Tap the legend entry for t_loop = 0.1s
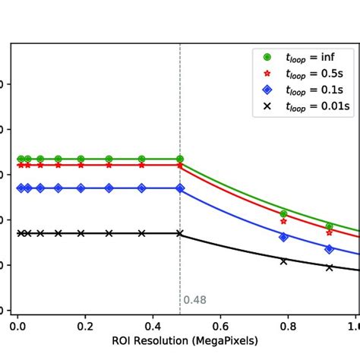click(307, 90)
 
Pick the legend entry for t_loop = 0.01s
click(307, 107)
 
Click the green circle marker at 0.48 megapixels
click(180, 159)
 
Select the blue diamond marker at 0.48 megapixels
click(180, 188)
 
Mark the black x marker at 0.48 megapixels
click(180, 233)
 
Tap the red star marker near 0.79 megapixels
click(283, 221)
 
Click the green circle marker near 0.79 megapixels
click(283, 213)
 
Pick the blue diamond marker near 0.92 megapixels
click(329, 248)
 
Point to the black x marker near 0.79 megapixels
click(283, 261)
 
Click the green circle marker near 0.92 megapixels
click(329, 226)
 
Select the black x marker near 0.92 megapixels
click(329, 267)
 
